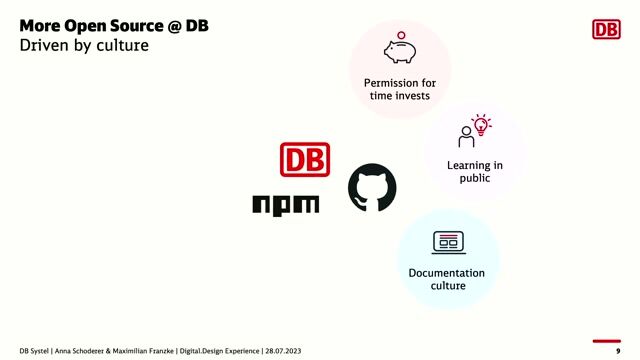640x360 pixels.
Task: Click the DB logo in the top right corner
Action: (x=606, y=29)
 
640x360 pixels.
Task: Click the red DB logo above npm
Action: (x=305, y=160)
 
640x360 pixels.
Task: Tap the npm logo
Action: (x=285, y=204)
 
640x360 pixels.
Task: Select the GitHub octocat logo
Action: (x=372, y=188)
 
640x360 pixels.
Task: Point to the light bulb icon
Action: (x=482, y=125)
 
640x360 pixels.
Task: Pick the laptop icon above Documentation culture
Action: (x=447, y=241)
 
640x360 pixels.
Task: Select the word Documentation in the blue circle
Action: (x=447, y=273)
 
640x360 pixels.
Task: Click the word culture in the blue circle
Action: (x=447, y=286)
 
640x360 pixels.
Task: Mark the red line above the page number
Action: (x=608, y=340)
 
